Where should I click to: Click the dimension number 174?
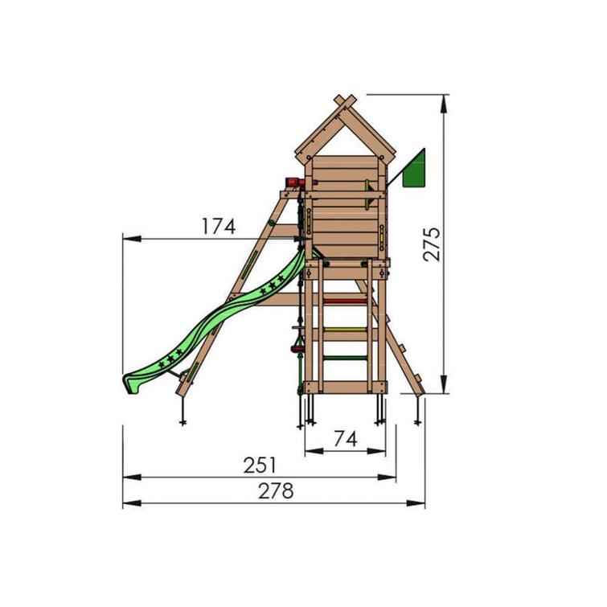219,227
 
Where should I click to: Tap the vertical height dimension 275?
432,244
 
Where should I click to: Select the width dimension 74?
345,438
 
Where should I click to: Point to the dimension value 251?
259,466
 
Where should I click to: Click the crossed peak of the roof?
344,102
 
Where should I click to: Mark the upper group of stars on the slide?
276,282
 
